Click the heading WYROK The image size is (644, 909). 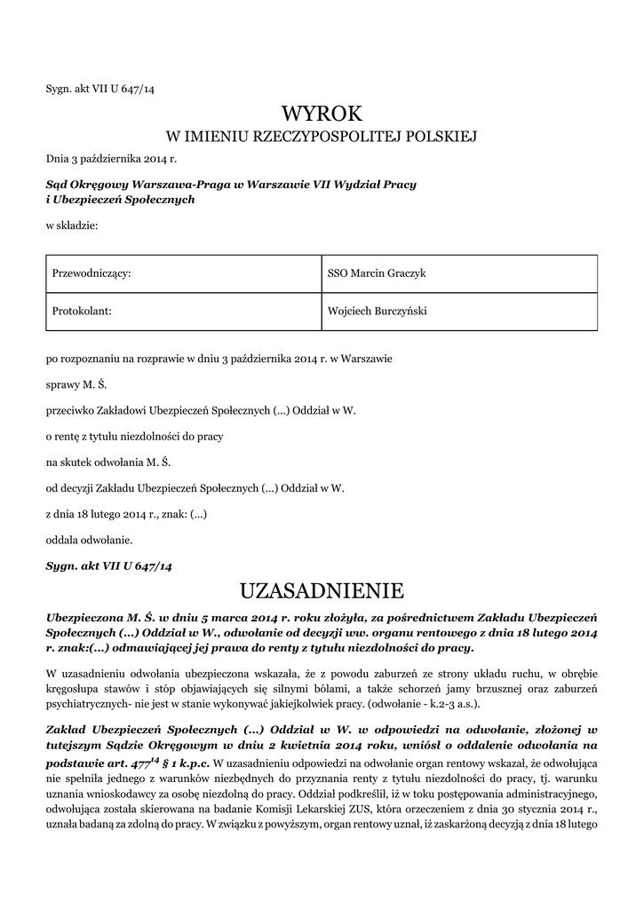click(x=322, y=114)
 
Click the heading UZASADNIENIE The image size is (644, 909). click(x=322, y=590)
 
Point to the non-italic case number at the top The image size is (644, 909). click(x=100, y=87)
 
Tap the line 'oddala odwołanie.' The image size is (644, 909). click(x=89, y=539)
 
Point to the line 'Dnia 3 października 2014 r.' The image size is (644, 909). click(x=112, y=159)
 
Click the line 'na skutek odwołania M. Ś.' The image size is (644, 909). click(x=107, y=462)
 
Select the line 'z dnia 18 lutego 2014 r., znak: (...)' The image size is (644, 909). click(x=126, y=513)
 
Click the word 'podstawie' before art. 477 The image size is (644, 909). click(x=74, y=763)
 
